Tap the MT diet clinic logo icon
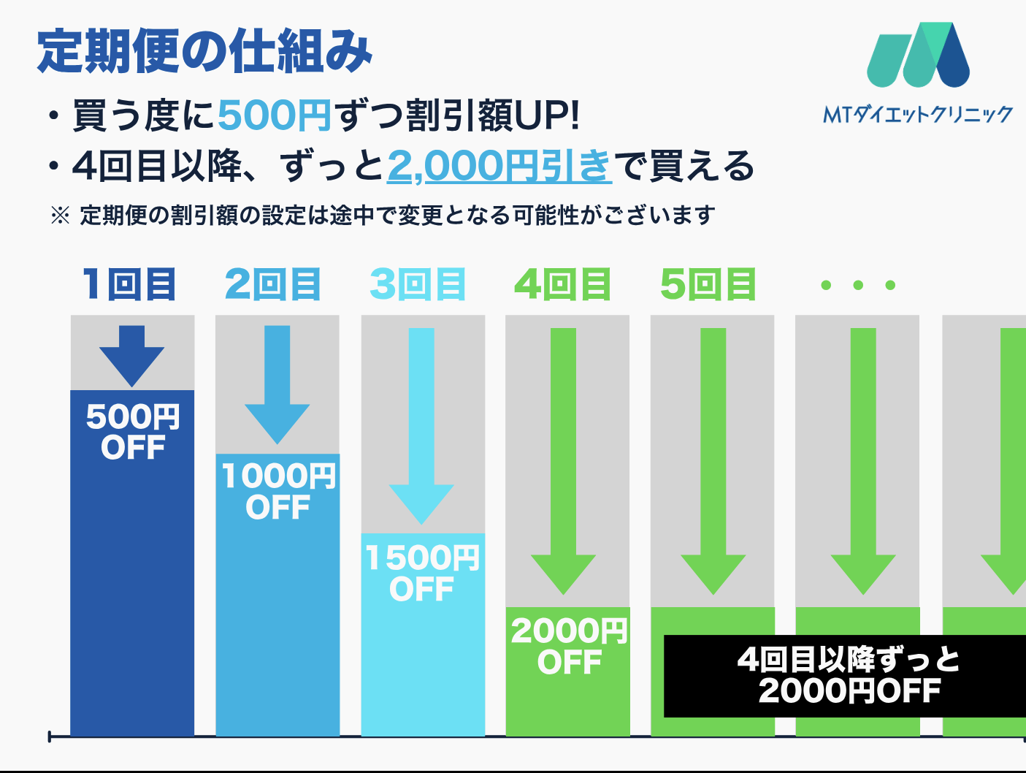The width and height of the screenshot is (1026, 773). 918,56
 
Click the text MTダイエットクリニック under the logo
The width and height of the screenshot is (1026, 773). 918,114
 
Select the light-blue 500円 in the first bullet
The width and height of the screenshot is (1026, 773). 275,115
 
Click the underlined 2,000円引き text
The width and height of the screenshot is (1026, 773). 499,166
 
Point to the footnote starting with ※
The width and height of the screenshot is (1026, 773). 383,216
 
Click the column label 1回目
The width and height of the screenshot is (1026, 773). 129,284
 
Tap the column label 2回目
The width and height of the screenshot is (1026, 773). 273,284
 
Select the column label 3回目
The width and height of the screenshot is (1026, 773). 418,284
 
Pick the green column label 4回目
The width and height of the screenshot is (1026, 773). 563,284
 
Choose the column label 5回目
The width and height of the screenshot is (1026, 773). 708,284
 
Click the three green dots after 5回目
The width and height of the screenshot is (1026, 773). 858,285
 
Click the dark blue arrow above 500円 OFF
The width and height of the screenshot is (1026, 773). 132,355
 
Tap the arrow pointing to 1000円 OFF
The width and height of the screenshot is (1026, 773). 277,385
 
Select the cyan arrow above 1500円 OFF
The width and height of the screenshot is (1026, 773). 421,425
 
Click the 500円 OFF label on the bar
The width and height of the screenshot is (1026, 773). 133,432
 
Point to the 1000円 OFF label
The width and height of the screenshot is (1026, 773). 278,492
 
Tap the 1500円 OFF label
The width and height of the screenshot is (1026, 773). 422,574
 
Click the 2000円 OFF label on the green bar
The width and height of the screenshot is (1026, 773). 569,647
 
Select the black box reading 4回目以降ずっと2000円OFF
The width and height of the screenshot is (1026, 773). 847,676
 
